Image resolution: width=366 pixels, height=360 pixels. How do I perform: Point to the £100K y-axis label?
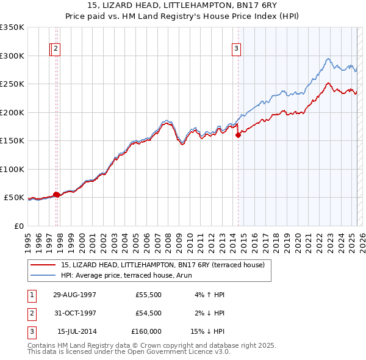[x=12, y=169]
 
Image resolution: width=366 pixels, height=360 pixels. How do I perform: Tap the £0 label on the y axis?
[x=18, y=226]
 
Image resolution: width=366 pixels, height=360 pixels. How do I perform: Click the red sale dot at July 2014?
[x=238, y=135]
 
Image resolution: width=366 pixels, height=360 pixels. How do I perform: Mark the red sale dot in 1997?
[x=56, y=195]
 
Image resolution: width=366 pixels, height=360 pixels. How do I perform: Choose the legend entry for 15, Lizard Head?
[x=162, y=265]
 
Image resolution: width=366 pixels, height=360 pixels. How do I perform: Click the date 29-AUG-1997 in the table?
[x=74, y=295]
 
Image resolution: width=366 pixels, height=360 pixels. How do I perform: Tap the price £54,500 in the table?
[x=149, y=313]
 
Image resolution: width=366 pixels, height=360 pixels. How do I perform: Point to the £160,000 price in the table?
[x=146, y=331]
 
